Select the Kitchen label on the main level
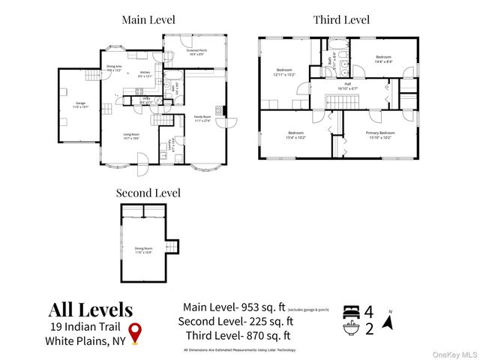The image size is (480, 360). click(145, 74)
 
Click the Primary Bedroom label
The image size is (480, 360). click(380, 134)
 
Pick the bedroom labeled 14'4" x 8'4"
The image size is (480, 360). click(383, 58)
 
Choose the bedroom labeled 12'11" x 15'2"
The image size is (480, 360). click(284, 72)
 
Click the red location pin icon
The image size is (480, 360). click(135, 332)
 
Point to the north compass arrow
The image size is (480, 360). click(388, 322)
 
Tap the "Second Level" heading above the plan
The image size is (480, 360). click(148, 193)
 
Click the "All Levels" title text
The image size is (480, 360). click(91, 310)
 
